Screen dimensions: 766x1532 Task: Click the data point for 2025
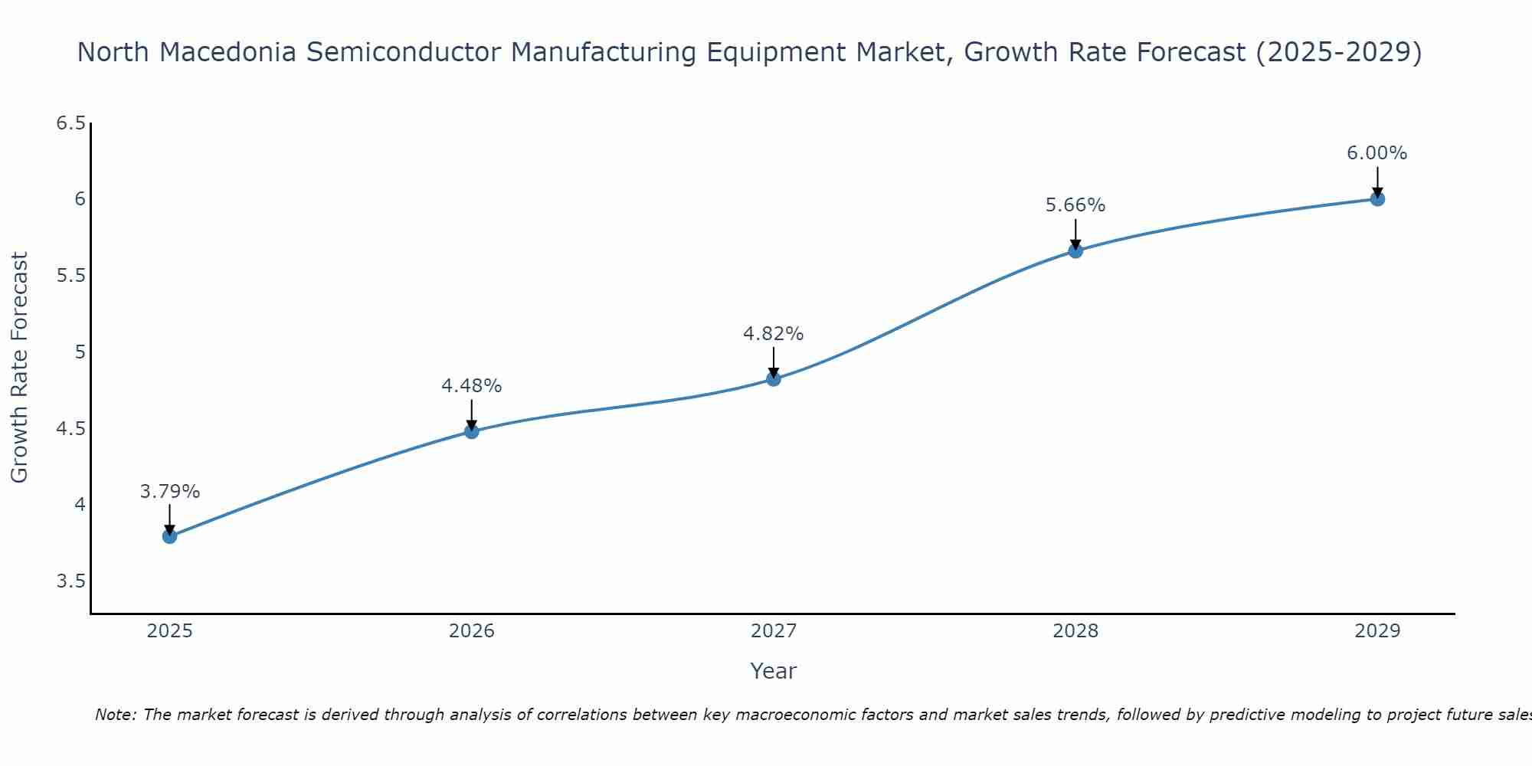(170, 536)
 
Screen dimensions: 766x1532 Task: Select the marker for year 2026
(472, 431)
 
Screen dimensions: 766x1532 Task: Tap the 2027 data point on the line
(774, 379)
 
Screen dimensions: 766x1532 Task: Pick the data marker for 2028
(1075, 250)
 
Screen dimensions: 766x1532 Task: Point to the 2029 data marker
(1377, 199)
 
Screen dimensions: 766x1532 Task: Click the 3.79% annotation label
(170, 492)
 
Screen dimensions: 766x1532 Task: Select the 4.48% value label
(472, 386)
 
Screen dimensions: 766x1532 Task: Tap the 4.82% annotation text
(774, 334)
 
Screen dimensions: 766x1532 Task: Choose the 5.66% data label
(1075, 205)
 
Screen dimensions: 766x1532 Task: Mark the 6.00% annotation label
(1377, 153)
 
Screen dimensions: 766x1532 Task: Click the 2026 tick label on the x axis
(472, 631)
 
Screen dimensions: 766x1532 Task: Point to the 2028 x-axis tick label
(1075, 631)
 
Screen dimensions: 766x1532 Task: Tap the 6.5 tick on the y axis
(70, 123)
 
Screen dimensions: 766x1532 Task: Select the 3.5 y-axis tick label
(70, 581)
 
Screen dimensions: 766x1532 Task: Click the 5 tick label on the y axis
(80, 352)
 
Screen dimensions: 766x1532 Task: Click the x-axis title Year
(774, 671)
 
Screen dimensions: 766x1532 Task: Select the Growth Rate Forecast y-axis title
(20, 368)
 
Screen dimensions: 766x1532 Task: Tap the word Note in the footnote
(115, 715)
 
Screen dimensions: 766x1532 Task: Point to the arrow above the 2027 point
(774, 362)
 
